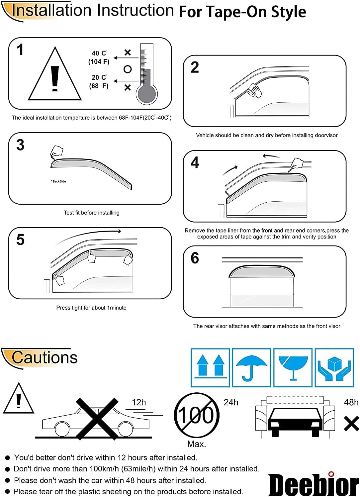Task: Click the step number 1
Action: point(20,50)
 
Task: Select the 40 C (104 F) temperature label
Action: point(99,57)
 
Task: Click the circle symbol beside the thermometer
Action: point(128,69)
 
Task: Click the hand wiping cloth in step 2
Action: point(255,90)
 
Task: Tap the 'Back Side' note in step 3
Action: point(58,181)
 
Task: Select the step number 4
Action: point(195,162)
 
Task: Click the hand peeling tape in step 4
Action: point(297,164)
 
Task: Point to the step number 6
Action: point(195,258)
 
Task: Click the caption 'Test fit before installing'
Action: point(91,213)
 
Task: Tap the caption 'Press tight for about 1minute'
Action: point(91,308)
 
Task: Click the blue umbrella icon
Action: point(251,367)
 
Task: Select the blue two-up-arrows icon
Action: point(210,367)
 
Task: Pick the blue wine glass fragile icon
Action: point(293,367)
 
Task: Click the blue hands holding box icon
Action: point(334,367)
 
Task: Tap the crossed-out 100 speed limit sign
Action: point(197,415)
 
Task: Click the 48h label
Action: point(351,402)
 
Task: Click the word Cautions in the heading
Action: point(45,357)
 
